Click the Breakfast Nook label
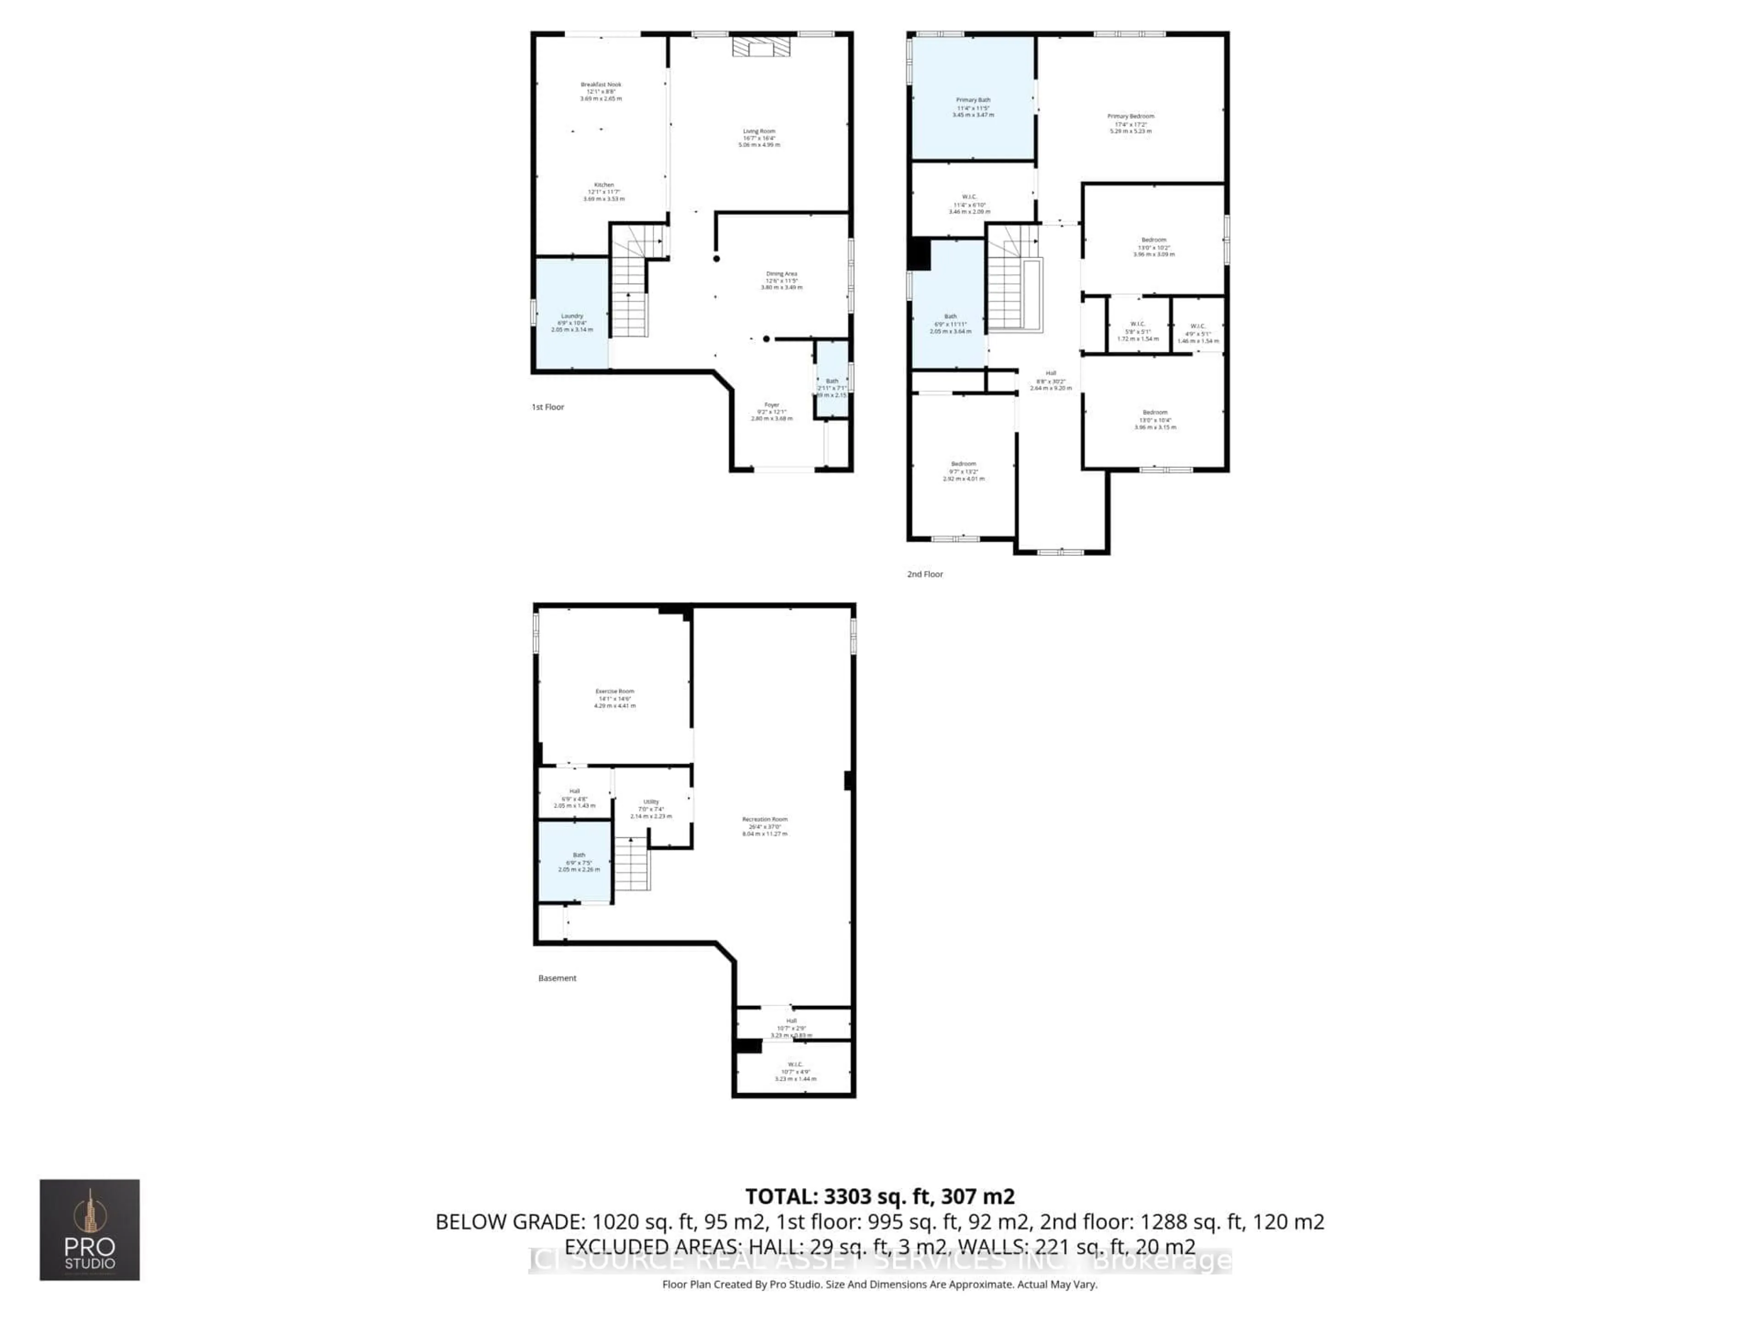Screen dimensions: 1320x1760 pos(601,84)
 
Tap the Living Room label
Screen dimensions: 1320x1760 pos(759,131)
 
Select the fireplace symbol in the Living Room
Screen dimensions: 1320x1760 pos(762,47)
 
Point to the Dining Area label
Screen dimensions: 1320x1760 pos(781,274)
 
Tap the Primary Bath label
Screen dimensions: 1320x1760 pos(973,100)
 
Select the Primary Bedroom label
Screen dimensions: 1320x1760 pos(1131,116)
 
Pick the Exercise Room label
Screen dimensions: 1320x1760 pos(614,692)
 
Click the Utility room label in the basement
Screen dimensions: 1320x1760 pos(651,802)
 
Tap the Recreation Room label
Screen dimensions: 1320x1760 pos(764,819)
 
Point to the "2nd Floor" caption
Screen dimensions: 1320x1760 pos(924,574)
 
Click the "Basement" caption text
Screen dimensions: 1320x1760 pos(557,979)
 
